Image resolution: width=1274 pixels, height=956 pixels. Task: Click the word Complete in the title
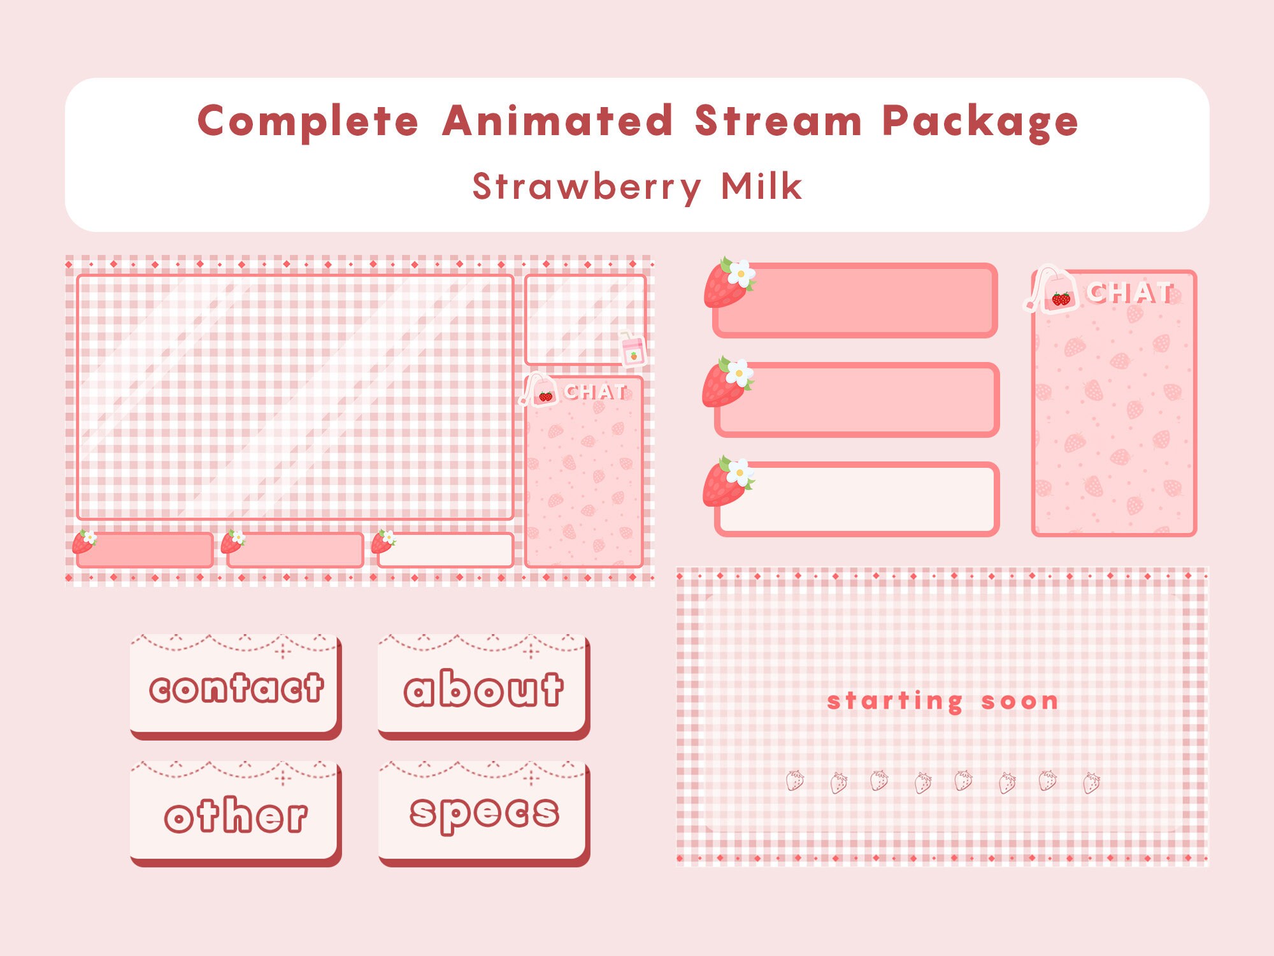tap(308, 121)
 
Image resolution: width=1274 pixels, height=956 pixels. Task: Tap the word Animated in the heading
tap(557, 121)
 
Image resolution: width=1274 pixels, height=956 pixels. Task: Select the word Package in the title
tap(980, 121)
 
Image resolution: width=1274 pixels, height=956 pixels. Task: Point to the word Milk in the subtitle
tap(761, 187)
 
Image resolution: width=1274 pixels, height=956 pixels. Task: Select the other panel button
tap(235, 815)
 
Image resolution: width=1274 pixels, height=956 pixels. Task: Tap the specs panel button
tap(483, 813)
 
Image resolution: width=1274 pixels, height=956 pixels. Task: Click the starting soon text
tap(942, 701)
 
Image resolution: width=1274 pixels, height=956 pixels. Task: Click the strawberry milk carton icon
tap(633, 349)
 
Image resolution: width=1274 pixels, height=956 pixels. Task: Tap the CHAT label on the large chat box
tap(1129, 293)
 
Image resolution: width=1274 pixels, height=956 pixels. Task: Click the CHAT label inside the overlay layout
tap(595, 391)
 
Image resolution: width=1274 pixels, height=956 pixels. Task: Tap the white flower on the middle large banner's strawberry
tap(739, 373)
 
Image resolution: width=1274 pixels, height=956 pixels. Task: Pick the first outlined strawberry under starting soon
tap(794, 781)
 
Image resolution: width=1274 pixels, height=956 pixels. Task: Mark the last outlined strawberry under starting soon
tap(1091, 782)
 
